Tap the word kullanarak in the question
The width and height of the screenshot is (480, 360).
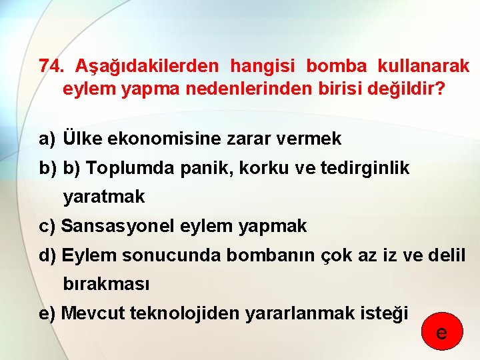423,67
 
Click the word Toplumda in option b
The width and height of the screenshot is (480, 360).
131,169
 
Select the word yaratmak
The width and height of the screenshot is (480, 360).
103,198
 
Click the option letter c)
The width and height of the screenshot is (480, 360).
47,227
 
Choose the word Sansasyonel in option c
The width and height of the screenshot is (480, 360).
117,227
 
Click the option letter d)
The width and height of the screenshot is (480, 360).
47,255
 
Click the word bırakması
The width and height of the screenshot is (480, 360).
107,285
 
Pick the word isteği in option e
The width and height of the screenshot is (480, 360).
387,313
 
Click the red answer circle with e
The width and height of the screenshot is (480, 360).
441,331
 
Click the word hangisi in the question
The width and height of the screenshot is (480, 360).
261,67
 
